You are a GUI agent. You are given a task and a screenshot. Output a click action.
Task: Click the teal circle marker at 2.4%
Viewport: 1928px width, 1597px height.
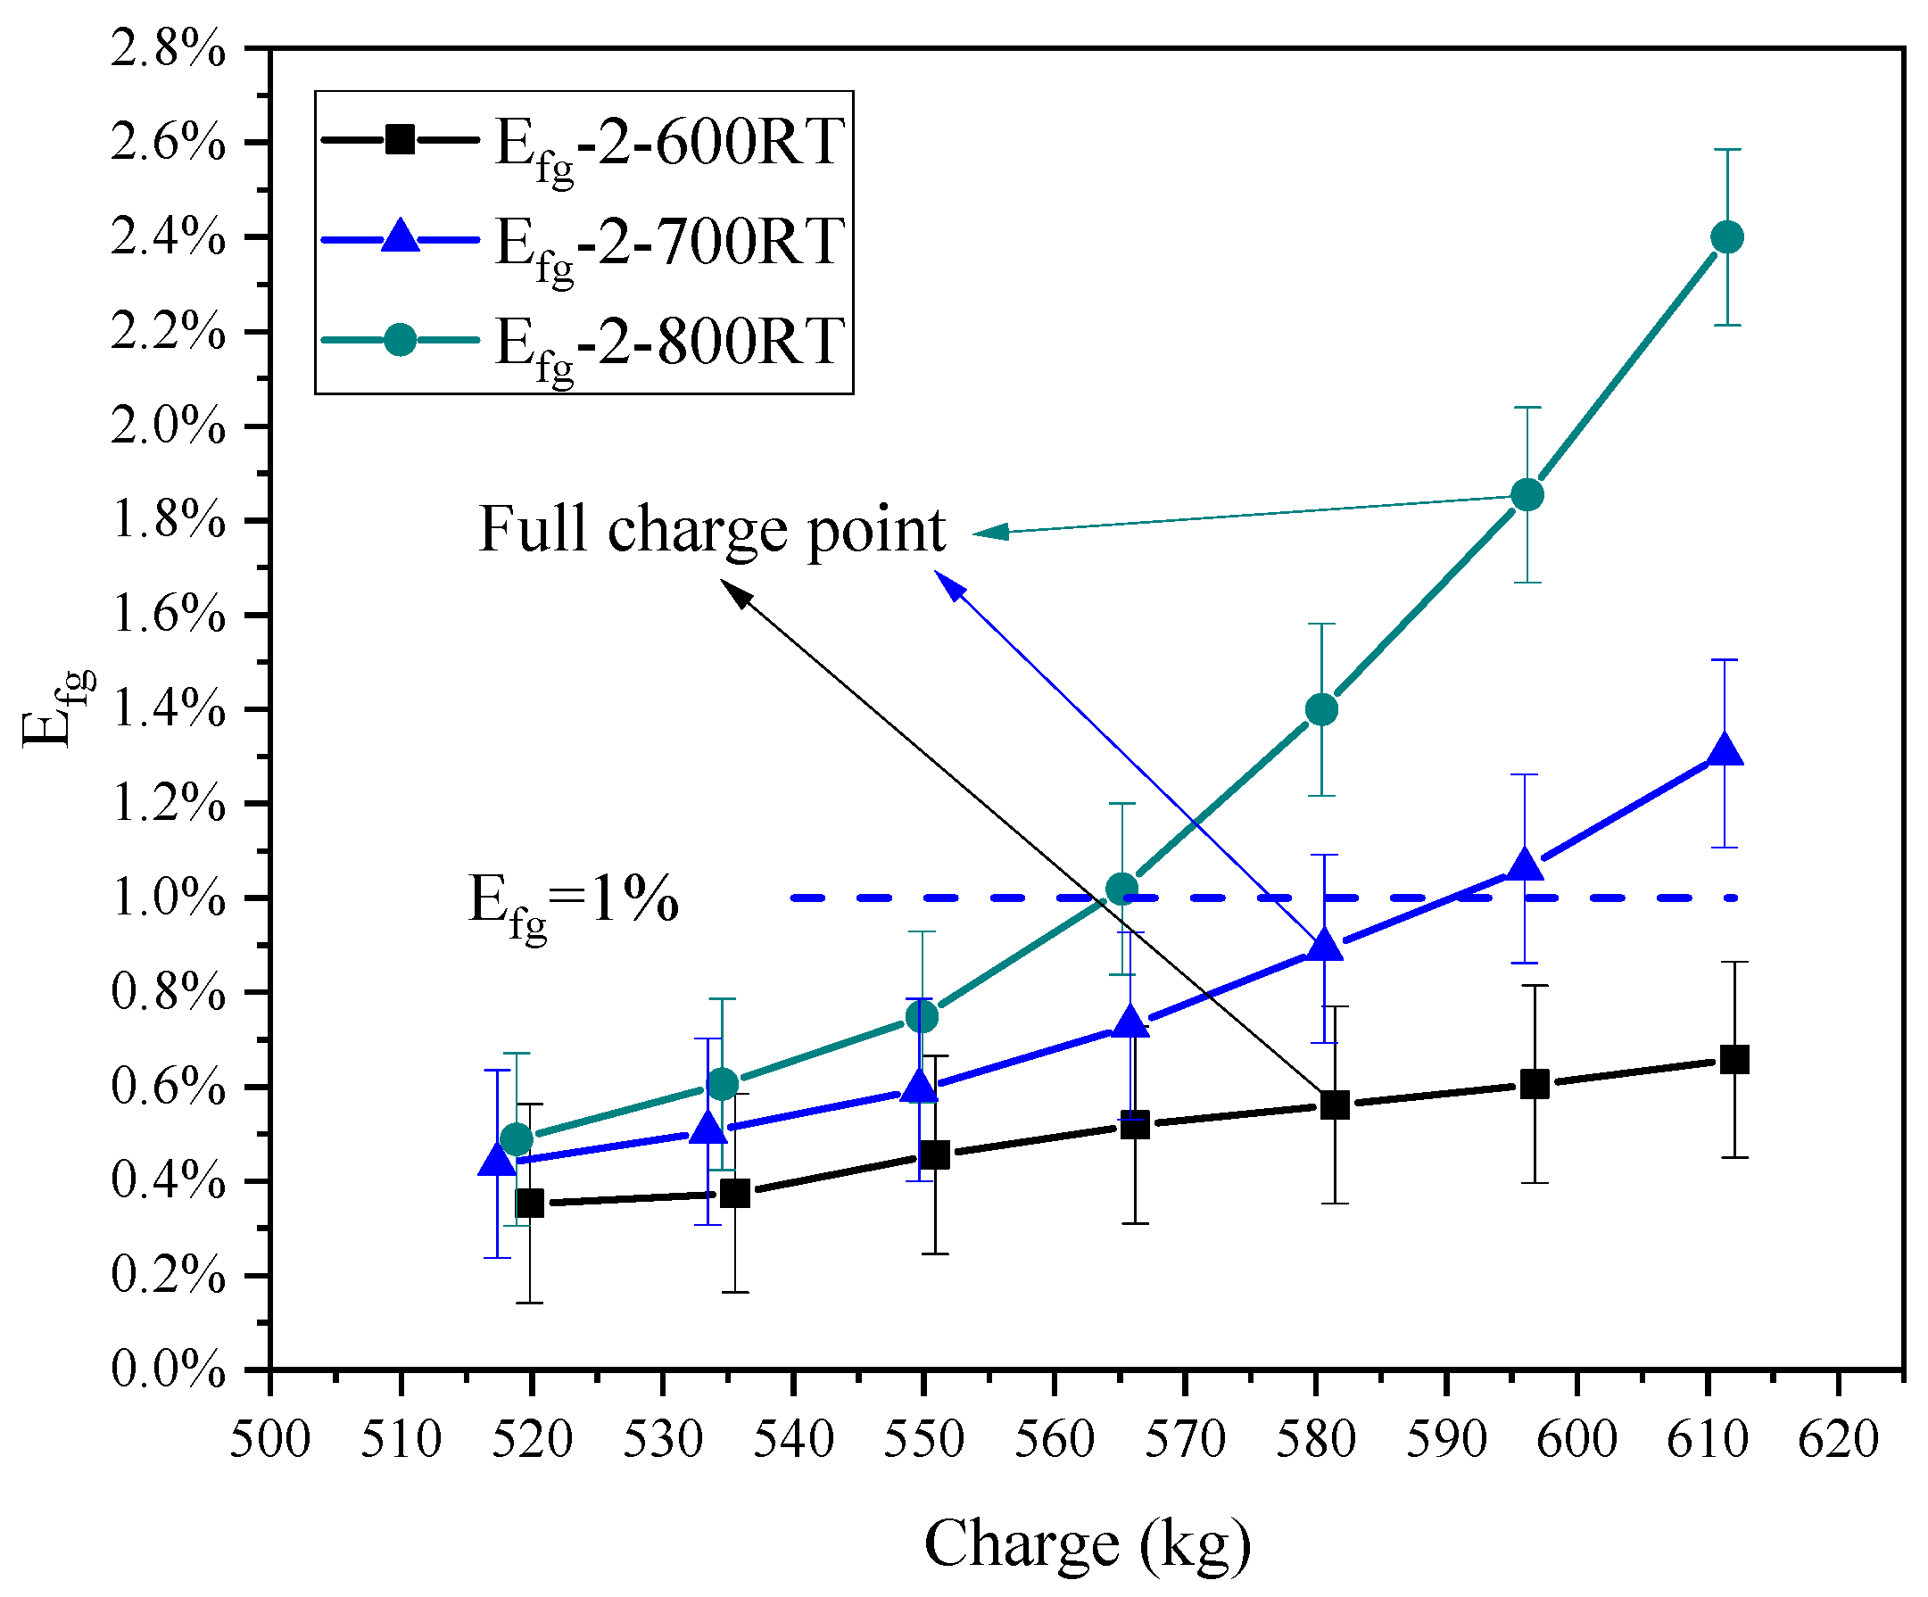pyautogui.click(x=1727, y=238)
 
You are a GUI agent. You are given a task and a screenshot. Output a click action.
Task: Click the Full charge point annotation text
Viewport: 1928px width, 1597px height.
pyautogui.click(x=712, y=531)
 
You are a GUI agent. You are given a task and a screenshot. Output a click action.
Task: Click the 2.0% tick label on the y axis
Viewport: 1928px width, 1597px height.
pyautogui.click(x=168, y=427)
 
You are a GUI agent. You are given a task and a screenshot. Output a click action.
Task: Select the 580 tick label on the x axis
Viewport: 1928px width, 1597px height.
pyautogui.click(x=1315, y=1440)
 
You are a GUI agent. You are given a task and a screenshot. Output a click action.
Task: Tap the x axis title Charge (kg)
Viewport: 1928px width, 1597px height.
pyautogui.click(x=1087, y=1543)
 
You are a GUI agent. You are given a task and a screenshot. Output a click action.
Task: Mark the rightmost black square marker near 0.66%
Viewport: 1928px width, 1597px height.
pyautogui.click(x=1734, y=1060)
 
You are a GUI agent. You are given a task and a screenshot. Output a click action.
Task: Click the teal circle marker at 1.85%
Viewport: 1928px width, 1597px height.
pyautogui.click(x=1527, y=495)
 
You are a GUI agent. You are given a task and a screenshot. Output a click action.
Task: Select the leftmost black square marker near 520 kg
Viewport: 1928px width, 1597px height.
pyautogui.click(x=530, y=1203)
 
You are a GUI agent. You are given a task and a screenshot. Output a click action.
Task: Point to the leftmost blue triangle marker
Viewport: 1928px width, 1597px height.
pyautogui.click(x=498, y=1161)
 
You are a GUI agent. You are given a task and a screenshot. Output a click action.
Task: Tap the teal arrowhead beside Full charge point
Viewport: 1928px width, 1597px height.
pyautogui.click(x=989, y=533)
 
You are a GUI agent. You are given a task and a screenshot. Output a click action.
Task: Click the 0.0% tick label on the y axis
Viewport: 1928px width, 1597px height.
pyautogui.click(x=168, y=1370)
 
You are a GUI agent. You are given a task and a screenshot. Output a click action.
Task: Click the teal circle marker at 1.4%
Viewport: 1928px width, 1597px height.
pyautogui.click(x=1321, y=710)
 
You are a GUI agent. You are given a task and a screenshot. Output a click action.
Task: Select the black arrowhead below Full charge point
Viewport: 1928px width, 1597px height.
pyautogui.click(x=734, y=592)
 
